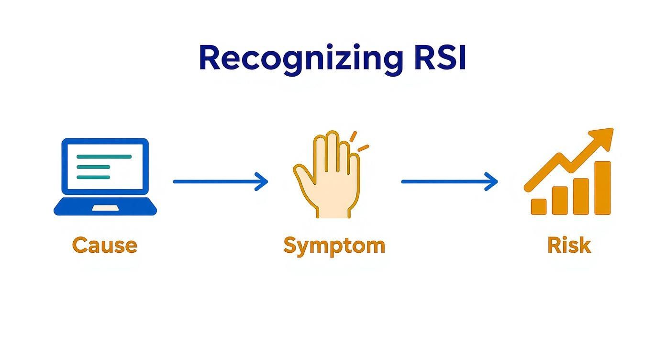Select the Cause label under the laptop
point(104,245)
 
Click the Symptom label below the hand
point(334,245)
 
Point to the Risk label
point(569,245)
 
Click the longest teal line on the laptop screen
point(104,157)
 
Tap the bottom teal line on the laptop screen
point(93,177)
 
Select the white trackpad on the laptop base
point(105,208)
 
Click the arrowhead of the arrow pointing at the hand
point(262,181)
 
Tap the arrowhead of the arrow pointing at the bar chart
point(492,181)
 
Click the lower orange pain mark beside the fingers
point(363,147)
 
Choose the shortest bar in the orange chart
point(539,206)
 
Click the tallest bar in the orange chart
point(602,188)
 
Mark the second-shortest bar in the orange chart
point(560,200)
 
